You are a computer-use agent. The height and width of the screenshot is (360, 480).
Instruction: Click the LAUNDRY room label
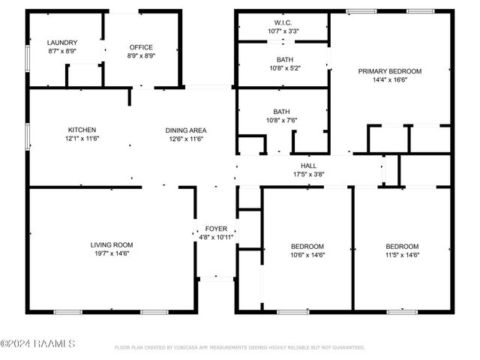62,43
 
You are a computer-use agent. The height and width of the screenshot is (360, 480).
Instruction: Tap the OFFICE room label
141,47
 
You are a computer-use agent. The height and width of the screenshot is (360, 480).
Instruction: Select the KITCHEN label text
82,130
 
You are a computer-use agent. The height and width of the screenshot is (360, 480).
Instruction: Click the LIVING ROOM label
112,245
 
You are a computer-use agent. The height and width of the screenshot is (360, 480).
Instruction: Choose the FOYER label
217,228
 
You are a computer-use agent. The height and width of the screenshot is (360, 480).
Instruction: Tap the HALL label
308,166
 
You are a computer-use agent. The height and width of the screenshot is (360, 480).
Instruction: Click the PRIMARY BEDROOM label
389,71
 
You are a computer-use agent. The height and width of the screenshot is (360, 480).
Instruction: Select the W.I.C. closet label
283,22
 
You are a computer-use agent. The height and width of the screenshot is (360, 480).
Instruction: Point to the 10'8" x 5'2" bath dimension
283,67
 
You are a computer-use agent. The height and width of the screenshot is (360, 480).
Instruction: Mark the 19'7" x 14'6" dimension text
112,254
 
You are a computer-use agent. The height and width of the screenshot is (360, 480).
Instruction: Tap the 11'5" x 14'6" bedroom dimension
402,255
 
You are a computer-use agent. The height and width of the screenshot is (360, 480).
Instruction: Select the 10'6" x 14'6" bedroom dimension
307,255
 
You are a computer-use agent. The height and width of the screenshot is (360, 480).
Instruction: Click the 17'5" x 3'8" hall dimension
308,174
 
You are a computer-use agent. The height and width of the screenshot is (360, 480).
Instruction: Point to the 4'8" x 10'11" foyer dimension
217,237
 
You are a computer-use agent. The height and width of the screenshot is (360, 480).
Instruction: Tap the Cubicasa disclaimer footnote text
239,348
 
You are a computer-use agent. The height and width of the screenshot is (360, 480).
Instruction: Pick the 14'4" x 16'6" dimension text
389,80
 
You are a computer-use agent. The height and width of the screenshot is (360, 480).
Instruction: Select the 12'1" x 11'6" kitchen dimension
82,139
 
